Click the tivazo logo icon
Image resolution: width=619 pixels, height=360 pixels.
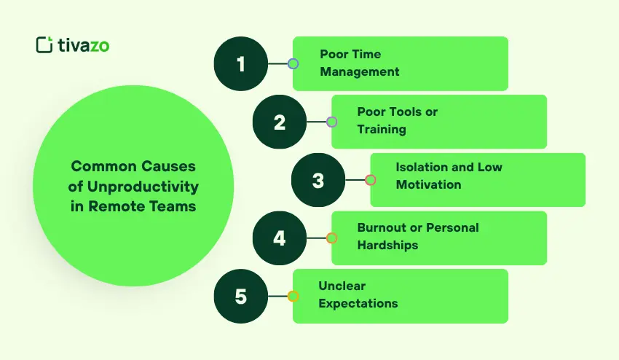44,44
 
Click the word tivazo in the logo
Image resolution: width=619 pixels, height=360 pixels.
83,45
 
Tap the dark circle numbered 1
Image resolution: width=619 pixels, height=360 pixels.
241,63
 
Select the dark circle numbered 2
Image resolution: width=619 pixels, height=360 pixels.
280,122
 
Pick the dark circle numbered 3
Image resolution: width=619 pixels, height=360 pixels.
318,180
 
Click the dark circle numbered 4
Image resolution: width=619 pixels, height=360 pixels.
280,238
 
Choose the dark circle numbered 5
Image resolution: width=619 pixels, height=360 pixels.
241,297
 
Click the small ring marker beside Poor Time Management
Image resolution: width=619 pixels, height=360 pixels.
293,63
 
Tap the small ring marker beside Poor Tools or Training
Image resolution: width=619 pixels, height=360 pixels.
331,122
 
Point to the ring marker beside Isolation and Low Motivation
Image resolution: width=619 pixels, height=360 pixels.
370,180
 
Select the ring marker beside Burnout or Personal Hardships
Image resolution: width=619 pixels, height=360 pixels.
331,238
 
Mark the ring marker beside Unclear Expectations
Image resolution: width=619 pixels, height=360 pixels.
293,297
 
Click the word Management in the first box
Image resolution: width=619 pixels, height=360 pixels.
360,71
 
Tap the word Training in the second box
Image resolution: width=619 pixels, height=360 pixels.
382,130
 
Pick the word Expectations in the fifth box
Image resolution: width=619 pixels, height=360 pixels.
358,303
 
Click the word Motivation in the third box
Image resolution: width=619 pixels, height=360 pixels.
428,185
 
